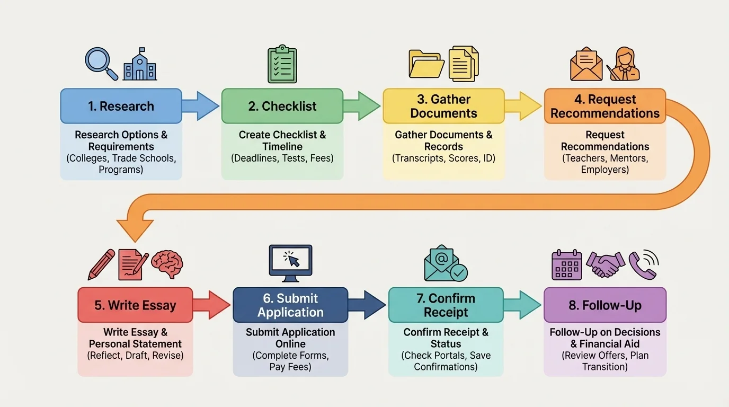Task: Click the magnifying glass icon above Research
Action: coord(101,63)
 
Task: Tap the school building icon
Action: coord(140,65)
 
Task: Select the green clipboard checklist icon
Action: coord(282,65)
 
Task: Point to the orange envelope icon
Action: coord(586,65)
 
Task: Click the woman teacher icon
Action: coord(625,65)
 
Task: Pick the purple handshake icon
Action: coord(605,264)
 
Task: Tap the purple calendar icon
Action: coord(567,264)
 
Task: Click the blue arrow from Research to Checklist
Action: coord(200,106)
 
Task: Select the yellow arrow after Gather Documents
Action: coord(522,106)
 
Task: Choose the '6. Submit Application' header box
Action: coord(290,305)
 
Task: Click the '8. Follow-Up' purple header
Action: coord(605,305)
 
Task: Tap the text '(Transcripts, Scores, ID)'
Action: coord(443,158)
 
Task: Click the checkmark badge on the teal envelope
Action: coord(459,272)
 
